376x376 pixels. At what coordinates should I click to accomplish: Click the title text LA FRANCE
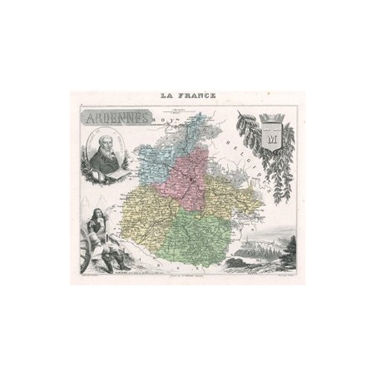[187, 94]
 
